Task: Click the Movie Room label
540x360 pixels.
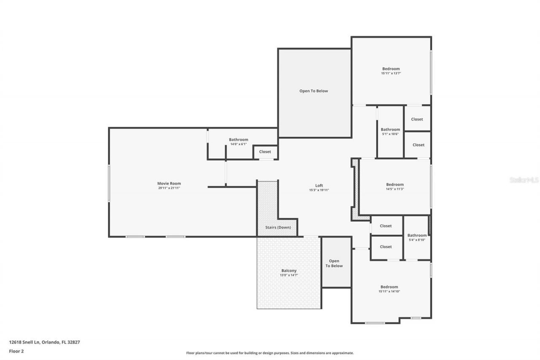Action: click(x=169, y=183)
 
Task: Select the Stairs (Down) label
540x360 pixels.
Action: click(x=278, y=227)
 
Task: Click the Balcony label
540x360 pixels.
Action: click(x=289, y=271)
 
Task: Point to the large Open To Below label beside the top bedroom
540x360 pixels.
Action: click(x=313, y=91)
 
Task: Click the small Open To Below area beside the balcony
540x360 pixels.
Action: click(x=336, y=263)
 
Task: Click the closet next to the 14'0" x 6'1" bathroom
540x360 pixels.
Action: click(x=265, y=152)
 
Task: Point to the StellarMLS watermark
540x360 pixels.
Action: click(x=524, y=180)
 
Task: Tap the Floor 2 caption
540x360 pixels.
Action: click(x=16, y=351)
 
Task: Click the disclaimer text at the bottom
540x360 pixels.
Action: click(x=270, y=353)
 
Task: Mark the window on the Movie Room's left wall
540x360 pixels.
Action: click(x=109, y=183)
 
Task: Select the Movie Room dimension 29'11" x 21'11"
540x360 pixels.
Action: click(x=169, y=188)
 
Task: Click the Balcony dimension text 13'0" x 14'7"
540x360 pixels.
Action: click(x=289, y=275)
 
